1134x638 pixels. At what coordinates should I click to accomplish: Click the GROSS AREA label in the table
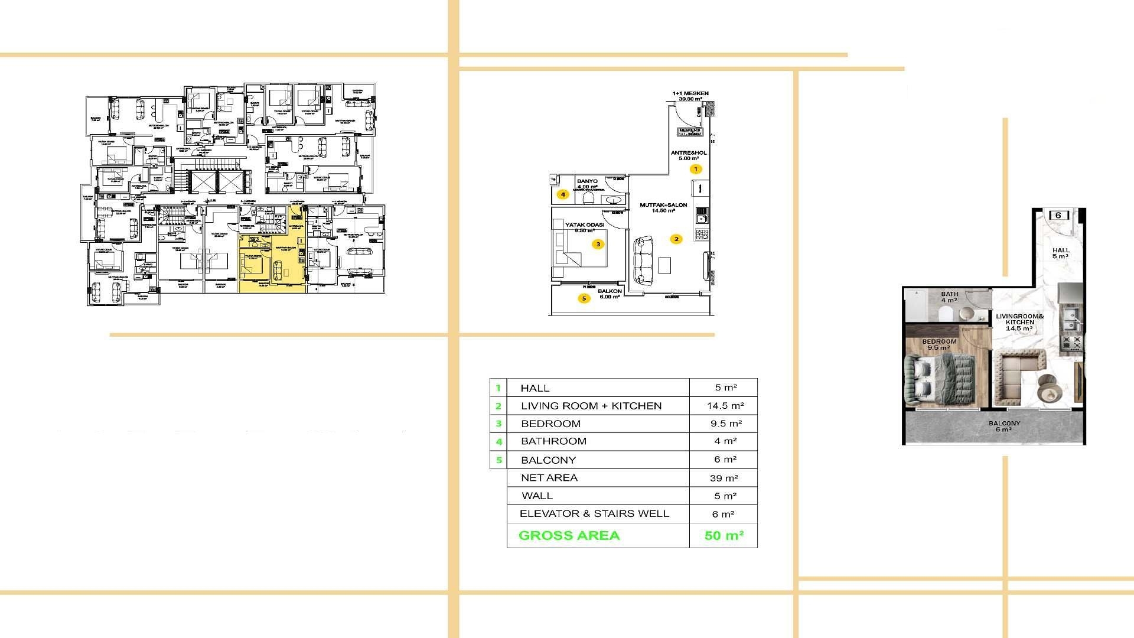point(569,536)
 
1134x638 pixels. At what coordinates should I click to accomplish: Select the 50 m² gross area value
point(724,536)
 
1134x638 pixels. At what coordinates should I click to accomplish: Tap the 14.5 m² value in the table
point(725,406)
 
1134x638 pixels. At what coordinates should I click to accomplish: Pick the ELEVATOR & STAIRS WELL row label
point(594,514)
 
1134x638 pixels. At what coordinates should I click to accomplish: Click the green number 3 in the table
point(498,424)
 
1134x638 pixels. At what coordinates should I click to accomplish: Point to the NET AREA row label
point(549,478)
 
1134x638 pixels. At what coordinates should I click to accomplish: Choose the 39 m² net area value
point(724,478)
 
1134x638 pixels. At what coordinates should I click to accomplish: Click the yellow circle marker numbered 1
point(696,170)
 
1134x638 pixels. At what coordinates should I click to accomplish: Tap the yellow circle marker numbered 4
point(563,194)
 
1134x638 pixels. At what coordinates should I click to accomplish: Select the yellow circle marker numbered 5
point(584,298)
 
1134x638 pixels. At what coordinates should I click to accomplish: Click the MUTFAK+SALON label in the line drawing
point(663,206)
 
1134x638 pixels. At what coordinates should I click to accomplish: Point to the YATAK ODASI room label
point(585,225)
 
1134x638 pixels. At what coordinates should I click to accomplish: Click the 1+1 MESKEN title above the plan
point(690,93)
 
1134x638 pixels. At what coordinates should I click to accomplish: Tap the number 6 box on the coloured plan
point(1058,216)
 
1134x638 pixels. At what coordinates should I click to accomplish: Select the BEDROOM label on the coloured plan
point(939,342)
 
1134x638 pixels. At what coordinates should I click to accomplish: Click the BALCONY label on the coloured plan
point(1004,424)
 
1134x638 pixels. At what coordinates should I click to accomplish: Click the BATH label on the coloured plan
point(950,294)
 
